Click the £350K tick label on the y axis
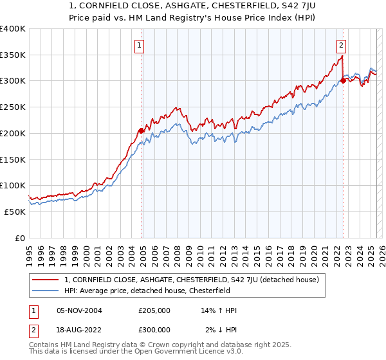click(x=13, y=55)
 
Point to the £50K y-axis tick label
click(x=15, y=212)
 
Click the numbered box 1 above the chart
click(x=140, y=45)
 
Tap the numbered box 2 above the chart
click(x=341, y=45)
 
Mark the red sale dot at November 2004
click(x=142, y=131)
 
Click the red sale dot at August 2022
click(x=343, y=81)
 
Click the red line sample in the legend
click(x=46, y=280)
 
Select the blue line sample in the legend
click(x=46, y=291)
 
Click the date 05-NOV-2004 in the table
click(x=79, y=310)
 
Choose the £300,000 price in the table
click(x=154, y=329)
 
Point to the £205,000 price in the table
click(x=154, y=310)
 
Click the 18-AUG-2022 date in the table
click(x=79, y=329)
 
